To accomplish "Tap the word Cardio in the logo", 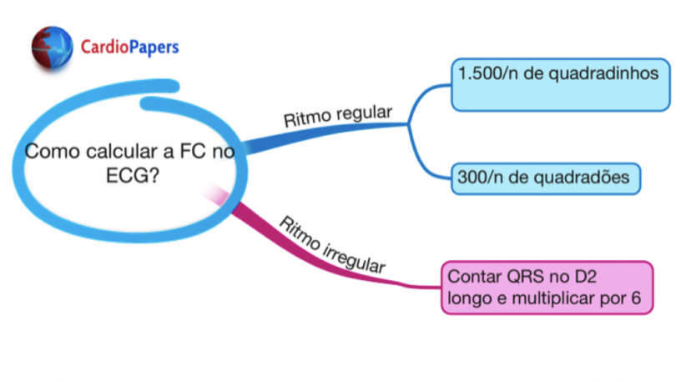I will point(104,47).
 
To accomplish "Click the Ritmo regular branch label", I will point(337,115).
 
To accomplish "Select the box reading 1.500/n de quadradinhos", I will point(560,83).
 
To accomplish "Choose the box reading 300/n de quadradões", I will point(546,178).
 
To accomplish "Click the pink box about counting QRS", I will point(546,287).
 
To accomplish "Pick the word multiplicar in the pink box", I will point(562,298).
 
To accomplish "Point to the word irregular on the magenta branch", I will point(351,253).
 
